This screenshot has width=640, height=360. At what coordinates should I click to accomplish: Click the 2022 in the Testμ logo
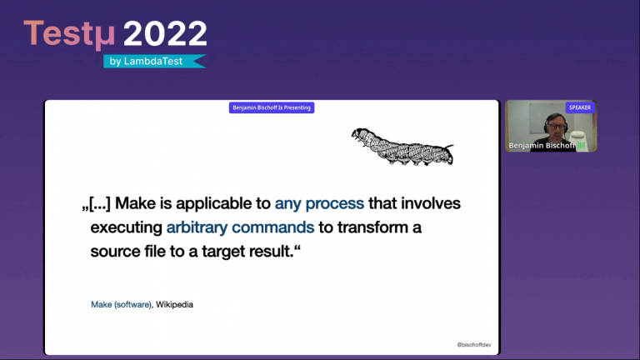pyautogui.click(x=165, y=33)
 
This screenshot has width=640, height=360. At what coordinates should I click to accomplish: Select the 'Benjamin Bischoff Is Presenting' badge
pyautogui.click(x=272, y=107)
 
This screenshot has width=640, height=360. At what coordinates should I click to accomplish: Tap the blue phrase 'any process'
pyautogui.click(x=319, y=203)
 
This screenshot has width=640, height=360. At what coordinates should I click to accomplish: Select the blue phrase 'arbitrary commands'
pyautogui.click(x=240, y=227)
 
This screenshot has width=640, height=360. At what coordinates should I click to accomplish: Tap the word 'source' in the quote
pyautogui.click(x=114, y=251)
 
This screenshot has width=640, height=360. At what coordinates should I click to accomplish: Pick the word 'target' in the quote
pyautogui.click(x=218, y=251)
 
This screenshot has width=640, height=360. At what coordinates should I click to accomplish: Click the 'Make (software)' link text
pyautogui.click(x=121, y=305)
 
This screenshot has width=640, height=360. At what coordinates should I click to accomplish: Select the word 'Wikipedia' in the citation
pyautogui.click(x=174, y=305)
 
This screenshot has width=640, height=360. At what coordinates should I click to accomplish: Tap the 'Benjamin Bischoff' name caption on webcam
pyautogui.click(x=542, y=146)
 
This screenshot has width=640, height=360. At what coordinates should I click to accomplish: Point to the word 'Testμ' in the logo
pyautogui.click(x=69, y=33)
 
